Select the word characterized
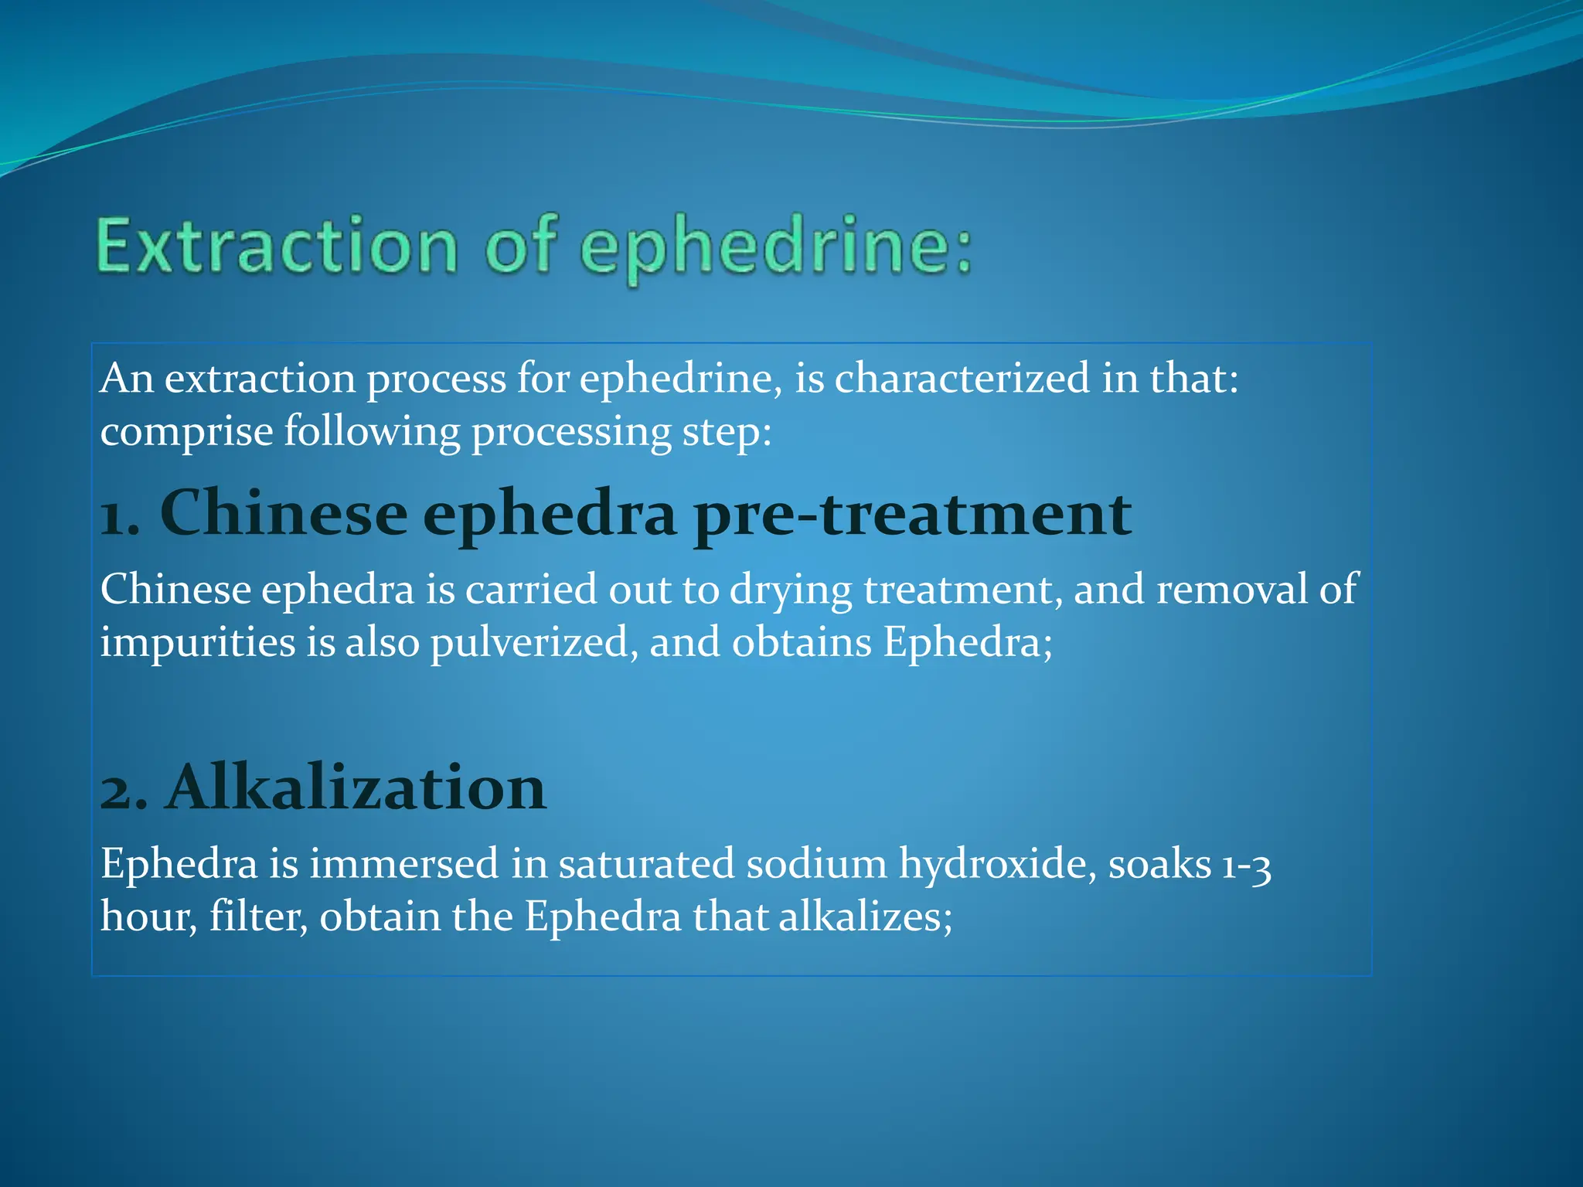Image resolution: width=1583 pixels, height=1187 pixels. (962, 379)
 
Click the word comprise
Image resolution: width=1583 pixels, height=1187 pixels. (186, 431)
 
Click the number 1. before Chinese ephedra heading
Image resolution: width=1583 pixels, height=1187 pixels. (121, 515)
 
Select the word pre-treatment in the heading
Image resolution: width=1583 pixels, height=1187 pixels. (912, 515)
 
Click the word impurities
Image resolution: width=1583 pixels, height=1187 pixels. (197, 643)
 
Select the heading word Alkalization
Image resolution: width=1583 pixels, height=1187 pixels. (356, 788)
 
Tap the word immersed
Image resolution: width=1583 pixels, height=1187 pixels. (403, 864)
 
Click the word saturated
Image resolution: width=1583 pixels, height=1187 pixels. (646, 864)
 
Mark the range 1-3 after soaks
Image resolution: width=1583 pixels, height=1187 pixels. (1246, 866)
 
